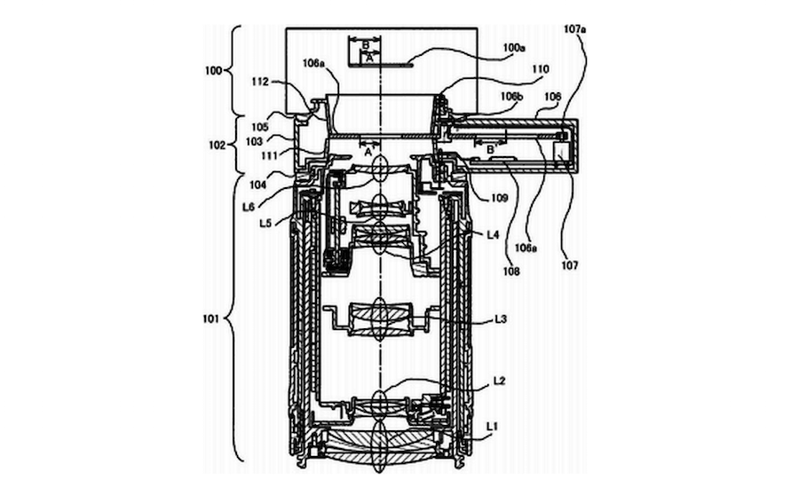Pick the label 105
coord(258,126)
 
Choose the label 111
coord(257,155)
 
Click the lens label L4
coord(493,234)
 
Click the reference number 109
coord(498,199)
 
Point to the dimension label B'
coord(489,151)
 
